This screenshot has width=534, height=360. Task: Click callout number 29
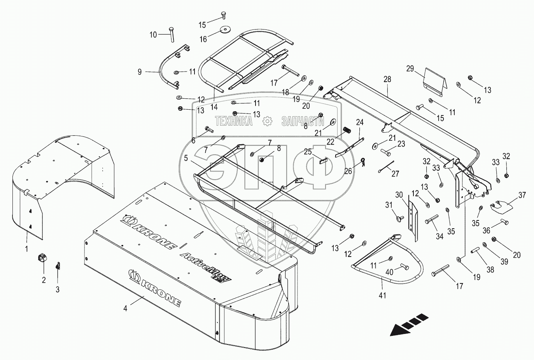pos(410,68)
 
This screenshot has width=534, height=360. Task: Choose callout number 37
pos(521,195)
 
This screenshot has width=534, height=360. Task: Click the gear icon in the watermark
pos(267,121)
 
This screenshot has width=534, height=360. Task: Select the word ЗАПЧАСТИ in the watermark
pos(303,121)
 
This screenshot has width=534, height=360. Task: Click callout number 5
pos(186,158)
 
